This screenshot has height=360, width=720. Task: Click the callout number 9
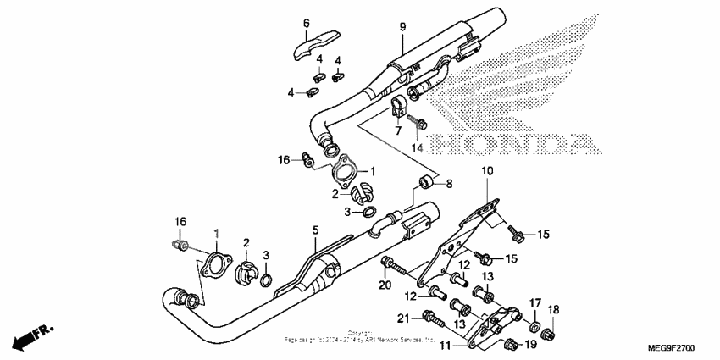[x=403, y=28]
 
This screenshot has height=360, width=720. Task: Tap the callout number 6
[x=307, y=23]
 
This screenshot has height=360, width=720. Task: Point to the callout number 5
[x=314, y=230]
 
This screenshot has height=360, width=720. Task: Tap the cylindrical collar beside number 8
[x=428, y=182]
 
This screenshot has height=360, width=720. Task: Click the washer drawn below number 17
[x=534, y=325]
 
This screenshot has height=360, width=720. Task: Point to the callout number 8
[x=450, y=182]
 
